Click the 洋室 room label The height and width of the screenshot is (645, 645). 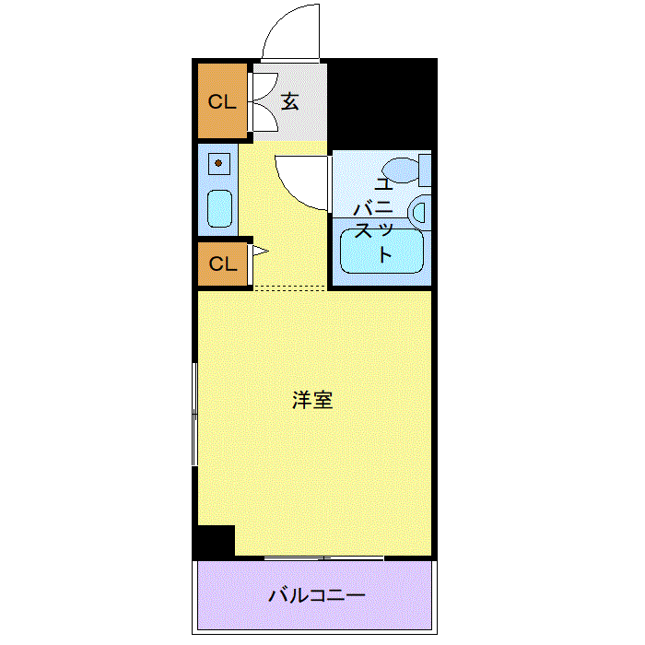click(x=312, y=400)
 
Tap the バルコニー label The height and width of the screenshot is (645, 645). click(x=317, y=595)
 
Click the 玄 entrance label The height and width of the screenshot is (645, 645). click(x=290, y=101)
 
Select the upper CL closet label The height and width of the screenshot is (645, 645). click(x=223, y=101)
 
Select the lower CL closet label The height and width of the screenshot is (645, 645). click(x=223, y=264)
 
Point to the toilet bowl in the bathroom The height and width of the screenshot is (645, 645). click(x=400, y=170)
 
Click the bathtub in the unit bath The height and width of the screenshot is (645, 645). click(x=381, y=251)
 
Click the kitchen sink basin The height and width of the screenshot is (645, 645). click(x=219, y=208)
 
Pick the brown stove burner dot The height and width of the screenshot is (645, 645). click(x=218, y=163)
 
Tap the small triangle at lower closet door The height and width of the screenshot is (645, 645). click(x=260, y=251)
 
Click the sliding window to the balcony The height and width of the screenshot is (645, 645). click(x=323, y=557)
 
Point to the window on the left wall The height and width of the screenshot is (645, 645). click(x=195, y=414)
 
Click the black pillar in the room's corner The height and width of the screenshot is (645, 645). click(x=214, y=541)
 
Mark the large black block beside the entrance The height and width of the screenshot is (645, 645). click(x=382, y=103)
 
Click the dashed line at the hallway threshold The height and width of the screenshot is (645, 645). click(x=290, y=287)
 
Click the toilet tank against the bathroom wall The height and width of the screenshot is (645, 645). click(x=425, y=170)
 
